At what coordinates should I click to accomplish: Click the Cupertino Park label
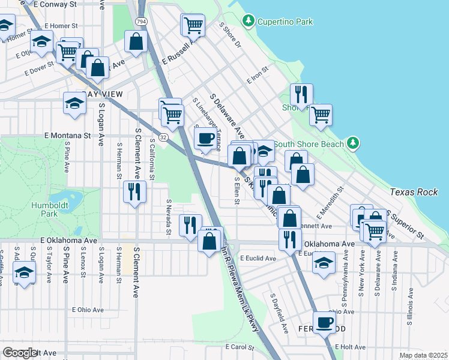pyautogui.click(x=285, y=22)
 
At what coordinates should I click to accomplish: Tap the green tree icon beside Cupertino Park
pyautogui.click(x=248, y=22)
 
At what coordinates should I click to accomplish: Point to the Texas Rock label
pyautogui.click(x=414, y=192)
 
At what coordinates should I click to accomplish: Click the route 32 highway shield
pyautogui.click(x=163, y=137)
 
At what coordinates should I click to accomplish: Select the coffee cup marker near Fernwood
pyautogui.click(x=325, y=322)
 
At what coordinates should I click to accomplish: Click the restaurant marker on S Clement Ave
pyautogui.click(x=134, y=191)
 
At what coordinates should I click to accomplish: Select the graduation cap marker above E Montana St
pyautogui.click(x=74, y=103)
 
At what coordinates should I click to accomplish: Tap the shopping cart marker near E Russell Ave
pyautogui.click(x=194, y=25)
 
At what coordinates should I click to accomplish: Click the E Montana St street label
pyautogui.click(x=67, y=136)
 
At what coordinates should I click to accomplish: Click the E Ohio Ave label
pyautogui.click(x=88, y=310)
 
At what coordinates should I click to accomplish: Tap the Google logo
pyautogui.click(x=20, y=353)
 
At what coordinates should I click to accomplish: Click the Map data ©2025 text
pyautogui.click(x=423, y=355)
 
